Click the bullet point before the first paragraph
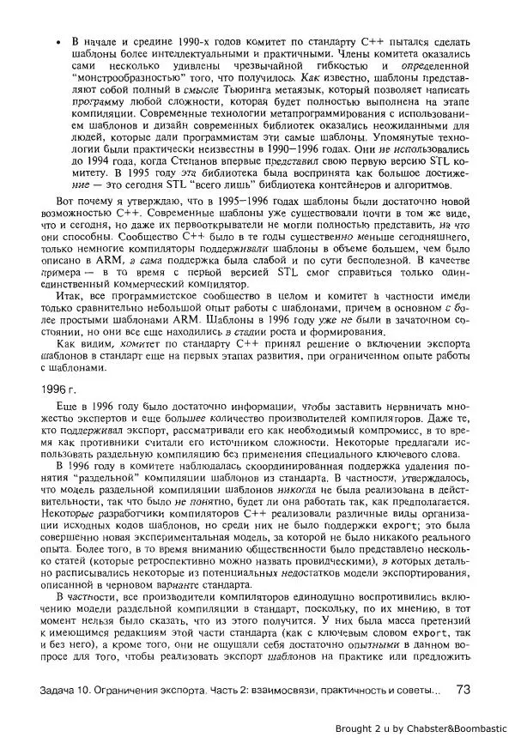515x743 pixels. [58, 41]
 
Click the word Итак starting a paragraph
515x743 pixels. [69, 317]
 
